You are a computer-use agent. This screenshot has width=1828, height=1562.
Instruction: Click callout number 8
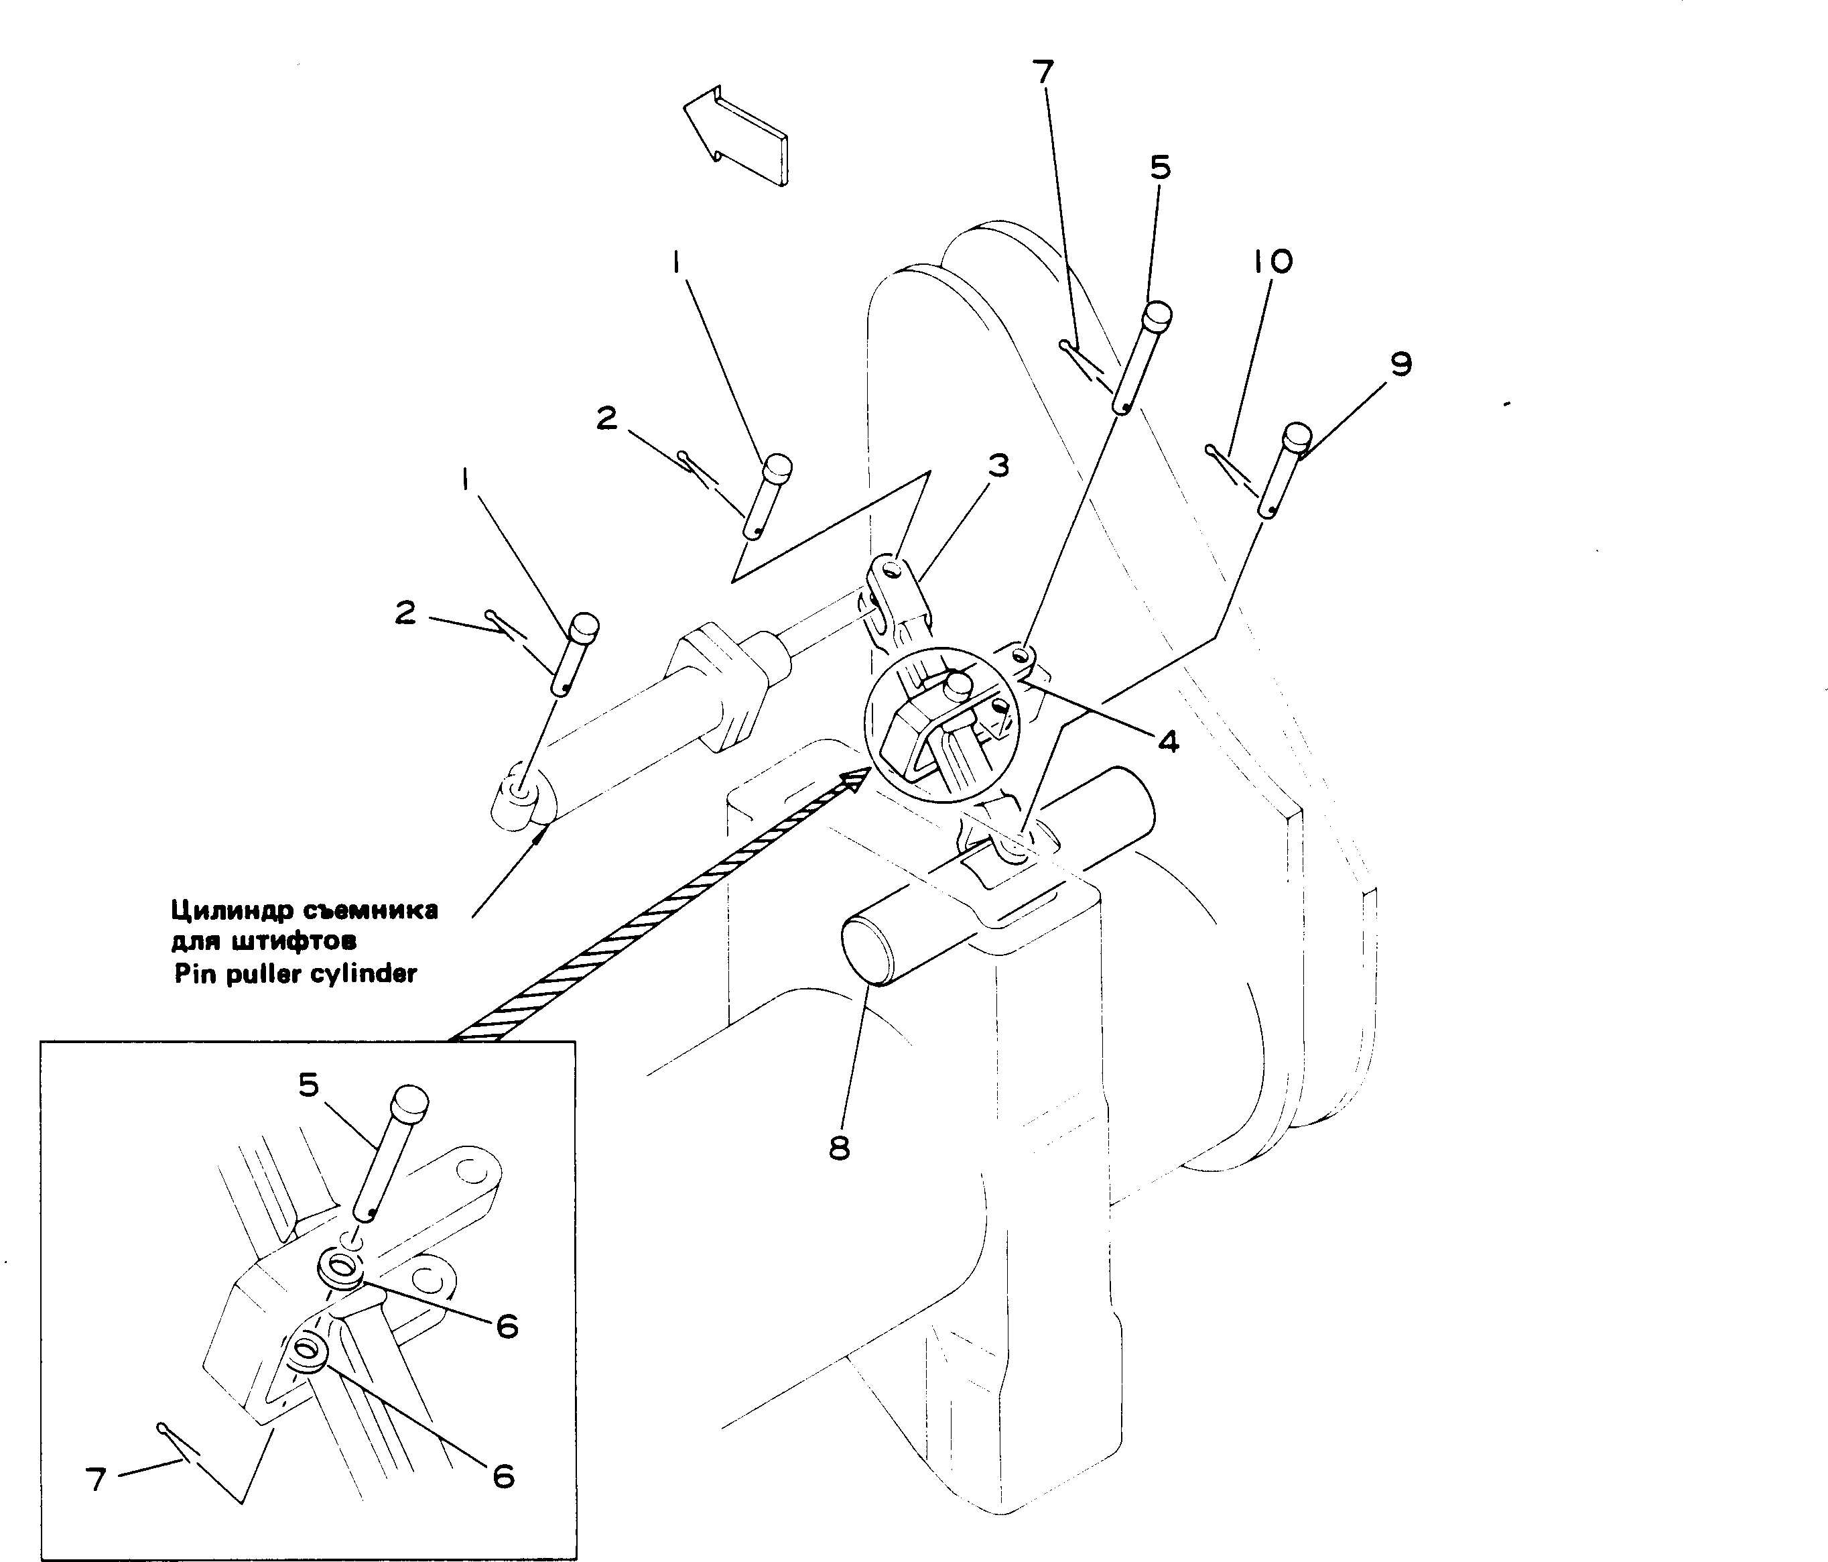[x=839, y=1148]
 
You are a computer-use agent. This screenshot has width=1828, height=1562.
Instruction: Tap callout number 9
[x=1401, y=363]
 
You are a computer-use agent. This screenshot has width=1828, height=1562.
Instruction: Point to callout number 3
[x=998, y=465]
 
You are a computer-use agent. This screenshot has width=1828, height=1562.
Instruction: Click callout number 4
[x=1168, y=742]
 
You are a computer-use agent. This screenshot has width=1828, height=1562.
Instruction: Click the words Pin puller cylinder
[x=296, y=974]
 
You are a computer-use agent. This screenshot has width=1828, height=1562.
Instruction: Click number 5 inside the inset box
[x=308, y=1085]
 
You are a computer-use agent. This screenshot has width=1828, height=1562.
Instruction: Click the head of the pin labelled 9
[x=1297, y=436]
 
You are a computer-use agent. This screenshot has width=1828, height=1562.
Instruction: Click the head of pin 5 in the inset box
[x=409, y=1102]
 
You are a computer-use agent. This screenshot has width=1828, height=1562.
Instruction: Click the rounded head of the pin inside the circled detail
[x=958, y=684]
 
